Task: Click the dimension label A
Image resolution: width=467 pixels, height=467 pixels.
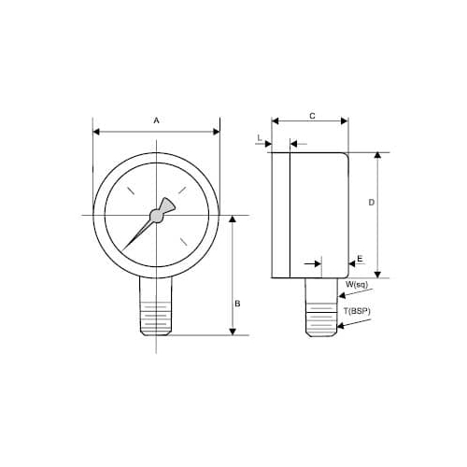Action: [157, 120]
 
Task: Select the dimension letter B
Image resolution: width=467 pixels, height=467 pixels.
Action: [237, 304]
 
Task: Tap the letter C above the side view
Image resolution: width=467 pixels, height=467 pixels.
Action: [311, 115]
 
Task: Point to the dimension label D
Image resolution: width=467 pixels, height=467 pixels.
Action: [372, 202]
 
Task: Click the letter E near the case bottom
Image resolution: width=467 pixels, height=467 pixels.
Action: [360, 261]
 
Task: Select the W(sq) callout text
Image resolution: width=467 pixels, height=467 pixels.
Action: [355, 283]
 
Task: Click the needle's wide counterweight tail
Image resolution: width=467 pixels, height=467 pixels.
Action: [169, 205]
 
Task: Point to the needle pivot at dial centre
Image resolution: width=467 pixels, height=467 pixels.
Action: [156, 217]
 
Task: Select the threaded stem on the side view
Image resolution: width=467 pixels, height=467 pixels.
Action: [323, 313]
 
